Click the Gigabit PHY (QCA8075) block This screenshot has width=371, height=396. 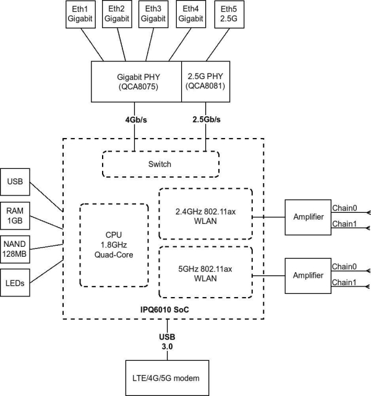pos(136,81)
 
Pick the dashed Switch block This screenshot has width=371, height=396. pos(160,165)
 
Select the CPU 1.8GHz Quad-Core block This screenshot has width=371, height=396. pos(114,244)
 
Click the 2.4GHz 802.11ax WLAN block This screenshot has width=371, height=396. pos(206,213)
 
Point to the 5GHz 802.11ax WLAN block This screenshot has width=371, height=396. pos(206,273)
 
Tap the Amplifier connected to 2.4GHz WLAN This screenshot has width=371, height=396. pos(307,217)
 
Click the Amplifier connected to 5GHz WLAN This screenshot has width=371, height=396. pos(307,275)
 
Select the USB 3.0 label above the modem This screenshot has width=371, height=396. pos(168,342)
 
